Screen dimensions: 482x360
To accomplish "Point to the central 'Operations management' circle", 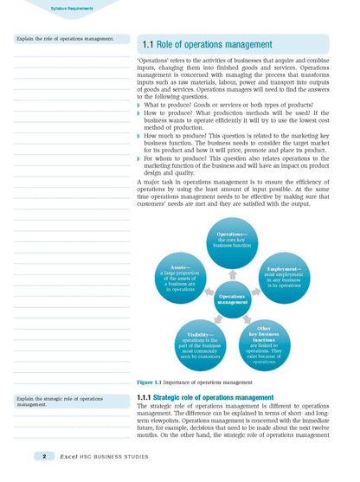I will point(233,299).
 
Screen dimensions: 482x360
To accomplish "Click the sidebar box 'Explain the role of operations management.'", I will point(66,39).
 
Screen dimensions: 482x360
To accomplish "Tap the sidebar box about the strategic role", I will point(66,401).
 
